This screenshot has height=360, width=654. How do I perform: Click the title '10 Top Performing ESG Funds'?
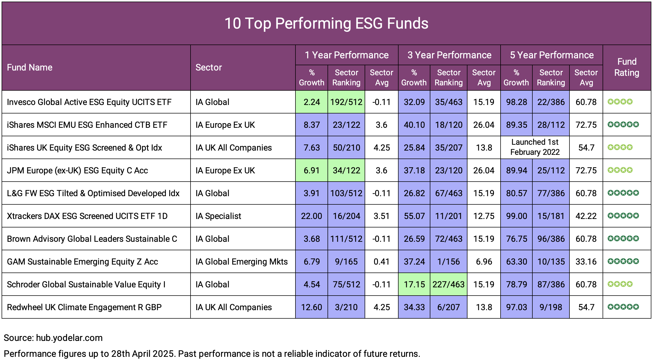pos(326,23)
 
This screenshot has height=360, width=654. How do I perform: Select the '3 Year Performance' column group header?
pos(449,55)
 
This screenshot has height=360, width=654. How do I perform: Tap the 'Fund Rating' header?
pos(626,67)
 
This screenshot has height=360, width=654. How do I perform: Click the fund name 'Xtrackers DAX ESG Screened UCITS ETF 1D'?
pos(87,216)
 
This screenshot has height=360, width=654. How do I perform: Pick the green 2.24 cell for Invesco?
pos(312,102)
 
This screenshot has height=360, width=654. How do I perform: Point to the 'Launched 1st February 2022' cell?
pos(535,147)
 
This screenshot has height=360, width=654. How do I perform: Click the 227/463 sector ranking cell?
pos(448,284)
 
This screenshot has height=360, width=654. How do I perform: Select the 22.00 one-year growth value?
pos(311,216)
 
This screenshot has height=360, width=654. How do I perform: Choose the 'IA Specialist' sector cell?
pos(218,216)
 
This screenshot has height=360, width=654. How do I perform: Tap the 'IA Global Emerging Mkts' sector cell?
pos(241,262)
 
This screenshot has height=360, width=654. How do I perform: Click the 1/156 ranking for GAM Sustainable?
pos(448,262)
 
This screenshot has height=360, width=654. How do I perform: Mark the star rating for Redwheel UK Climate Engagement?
pos(623,307)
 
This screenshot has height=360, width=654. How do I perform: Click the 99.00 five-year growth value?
pos(516,216)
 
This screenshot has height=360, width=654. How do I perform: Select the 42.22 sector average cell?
pos(586,216)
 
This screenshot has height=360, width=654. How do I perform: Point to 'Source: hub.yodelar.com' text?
pos(53,338)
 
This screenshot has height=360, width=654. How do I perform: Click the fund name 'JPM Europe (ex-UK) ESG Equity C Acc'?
pos(77,170)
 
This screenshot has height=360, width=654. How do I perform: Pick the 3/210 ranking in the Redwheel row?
pos(346,307)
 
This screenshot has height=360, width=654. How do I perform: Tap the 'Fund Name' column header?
pos(29,67)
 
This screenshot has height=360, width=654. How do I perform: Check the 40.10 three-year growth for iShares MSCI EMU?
pos(414,125)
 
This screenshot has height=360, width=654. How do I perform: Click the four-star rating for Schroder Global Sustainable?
pos(620,284)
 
